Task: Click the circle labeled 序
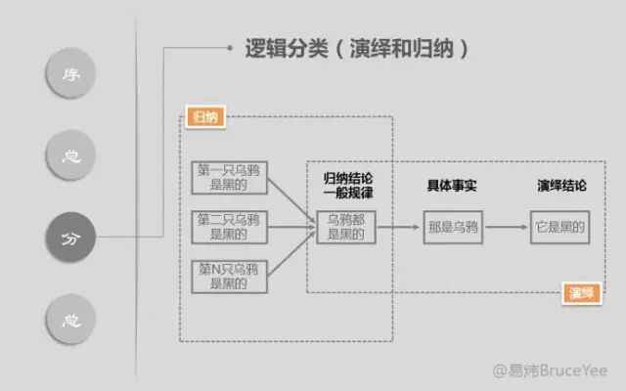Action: click(x=69, y=75)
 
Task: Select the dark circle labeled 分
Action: click(x=69, y=237)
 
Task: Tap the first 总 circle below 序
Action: click(x=69, y=156)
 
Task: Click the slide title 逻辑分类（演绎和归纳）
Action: click(x=348, y=48)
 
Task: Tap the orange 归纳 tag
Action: click(x=204, y=117)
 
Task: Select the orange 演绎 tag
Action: click(x=581, y=291)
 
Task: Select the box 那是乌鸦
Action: click(x=454, y=228)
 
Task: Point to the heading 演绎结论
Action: click(x=561, y=186)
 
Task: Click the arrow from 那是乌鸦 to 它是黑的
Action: click(x=508, y=228)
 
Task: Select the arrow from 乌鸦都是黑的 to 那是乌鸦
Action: click(x=398, y=228)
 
